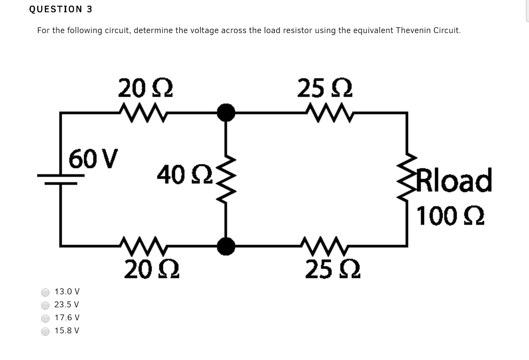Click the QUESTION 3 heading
(x=57, y=9)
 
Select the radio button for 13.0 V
(x=46, y=292)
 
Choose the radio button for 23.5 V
(x=46, y=305)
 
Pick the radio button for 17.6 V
(x=46, y=318)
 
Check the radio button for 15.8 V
(x=46, y=331)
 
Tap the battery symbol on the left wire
(x=61, y=178)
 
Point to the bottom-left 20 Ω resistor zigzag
(x=143, y=245)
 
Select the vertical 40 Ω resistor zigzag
(x=225, y=179)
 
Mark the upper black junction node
(x=225, y=112)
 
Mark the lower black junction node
(x=225, y=246)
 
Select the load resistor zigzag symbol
(x=408, y=178)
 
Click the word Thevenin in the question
(x=412, y=30)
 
